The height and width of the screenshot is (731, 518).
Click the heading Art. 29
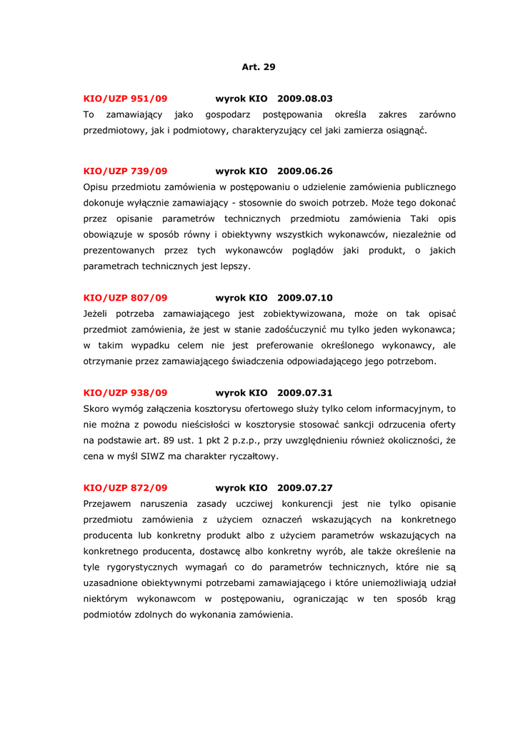258,67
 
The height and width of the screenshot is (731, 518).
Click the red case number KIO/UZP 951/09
125,99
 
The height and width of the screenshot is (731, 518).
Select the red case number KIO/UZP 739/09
125,171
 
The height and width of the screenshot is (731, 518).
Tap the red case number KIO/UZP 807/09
125,298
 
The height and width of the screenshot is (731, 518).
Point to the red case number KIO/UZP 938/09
125,393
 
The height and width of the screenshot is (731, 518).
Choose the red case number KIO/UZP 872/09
125,488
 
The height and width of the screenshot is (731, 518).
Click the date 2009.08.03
304,99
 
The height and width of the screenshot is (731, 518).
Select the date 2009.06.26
304,171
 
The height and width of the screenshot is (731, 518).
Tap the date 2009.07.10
304,298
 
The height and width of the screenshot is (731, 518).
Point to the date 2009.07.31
304,393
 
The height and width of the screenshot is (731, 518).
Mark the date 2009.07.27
304,488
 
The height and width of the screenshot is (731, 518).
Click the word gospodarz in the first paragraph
228,115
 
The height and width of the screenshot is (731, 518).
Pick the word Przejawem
107,504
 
